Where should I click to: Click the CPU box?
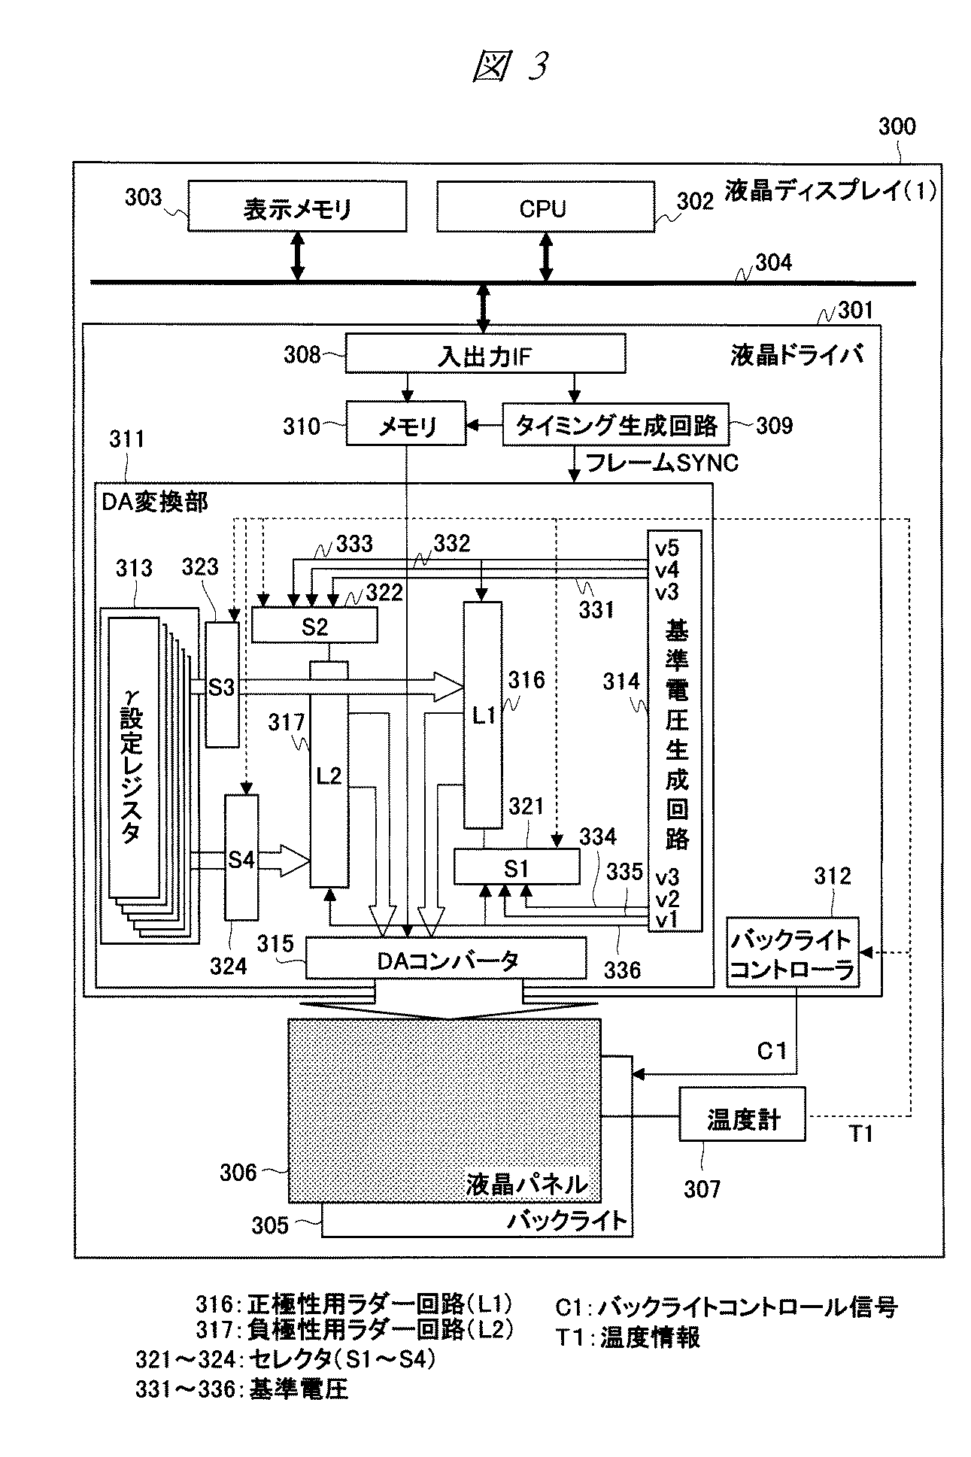coord(545,206)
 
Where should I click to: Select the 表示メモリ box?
coord(297,206)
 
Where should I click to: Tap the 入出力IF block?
coord(484,354)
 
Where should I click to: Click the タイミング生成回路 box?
coord(615,425)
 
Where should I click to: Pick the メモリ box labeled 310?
coord(406,426)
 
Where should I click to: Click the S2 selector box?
coord(314,626)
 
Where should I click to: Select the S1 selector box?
coord(516,867)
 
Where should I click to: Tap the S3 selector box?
coord(222,684)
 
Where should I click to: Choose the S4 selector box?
coord(241,858)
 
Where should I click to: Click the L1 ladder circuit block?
coord(483,715)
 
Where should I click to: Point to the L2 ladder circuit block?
coord(329,775)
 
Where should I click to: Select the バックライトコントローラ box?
coord(791,952)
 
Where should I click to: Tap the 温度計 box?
coord(742,1119)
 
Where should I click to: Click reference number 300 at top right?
coord(897,126)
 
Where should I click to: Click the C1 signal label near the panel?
coord(772,1051)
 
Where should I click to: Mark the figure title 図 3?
coord(510,66)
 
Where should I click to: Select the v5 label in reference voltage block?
coord(667,547)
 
